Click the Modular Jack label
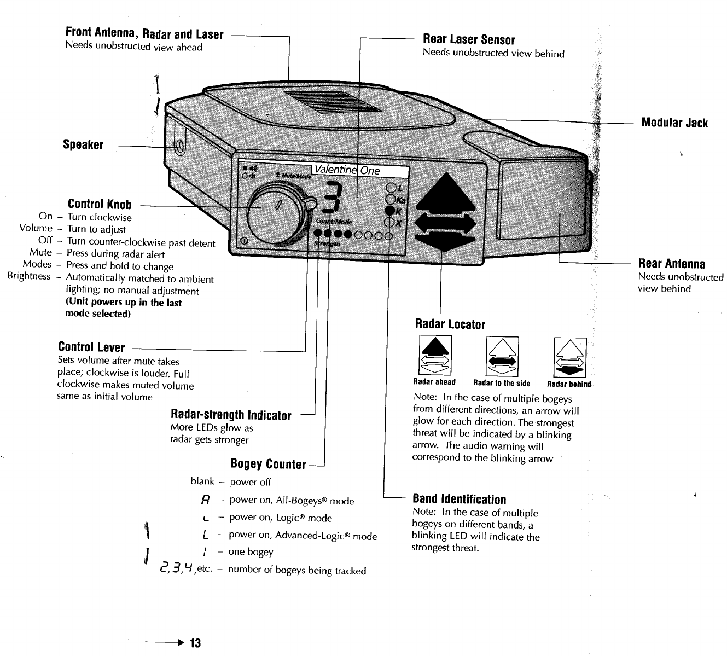click(674, 123)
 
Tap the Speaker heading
click(83, 145)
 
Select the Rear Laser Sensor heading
click(469, 39)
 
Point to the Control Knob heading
click(100, 205)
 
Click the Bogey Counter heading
click(268, 465)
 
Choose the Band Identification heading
click(459, 499)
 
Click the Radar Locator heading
click(450, 324)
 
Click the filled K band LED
click(390, 211)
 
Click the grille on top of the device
click(322, 101)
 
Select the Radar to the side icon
click(502, 356)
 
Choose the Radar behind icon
click(570, 356)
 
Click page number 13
click(195, 643)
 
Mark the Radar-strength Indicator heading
click(231, 416)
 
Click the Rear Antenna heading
click(672, 264)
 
